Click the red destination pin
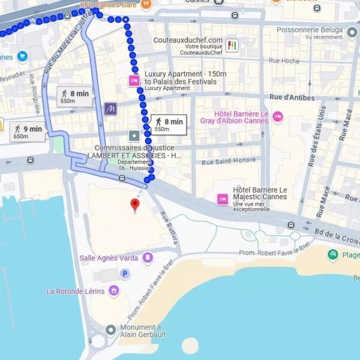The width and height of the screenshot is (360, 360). pos(135,205)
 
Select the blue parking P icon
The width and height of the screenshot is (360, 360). pos(125,274)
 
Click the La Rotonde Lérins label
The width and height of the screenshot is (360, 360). pos(76,292)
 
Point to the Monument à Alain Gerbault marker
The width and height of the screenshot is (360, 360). pos(110,329)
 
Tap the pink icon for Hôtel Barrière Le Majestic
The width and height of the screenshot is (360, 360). pos(223,199)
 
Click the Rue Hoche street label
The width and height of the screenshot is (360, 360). pos(284,61)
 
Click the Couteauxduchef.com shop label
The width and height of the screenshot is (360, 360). pos(188,40)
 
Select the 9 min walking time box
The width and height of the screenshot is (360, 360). pos(29,132)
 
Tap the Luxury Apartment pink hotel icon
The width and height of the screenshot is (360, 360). pos(134,81)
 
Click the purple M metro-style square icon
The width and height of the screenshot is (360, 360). pos(110,109)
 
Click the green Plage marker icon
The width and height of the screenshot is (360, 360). pos(333,255)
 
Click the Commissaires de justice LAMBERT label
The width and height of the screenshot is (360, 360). pos(134,152)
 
